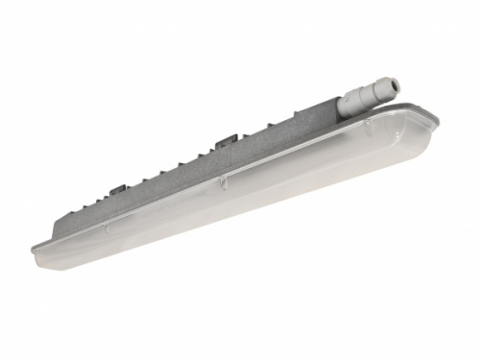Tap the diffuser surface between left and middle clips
click(163, 213)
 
